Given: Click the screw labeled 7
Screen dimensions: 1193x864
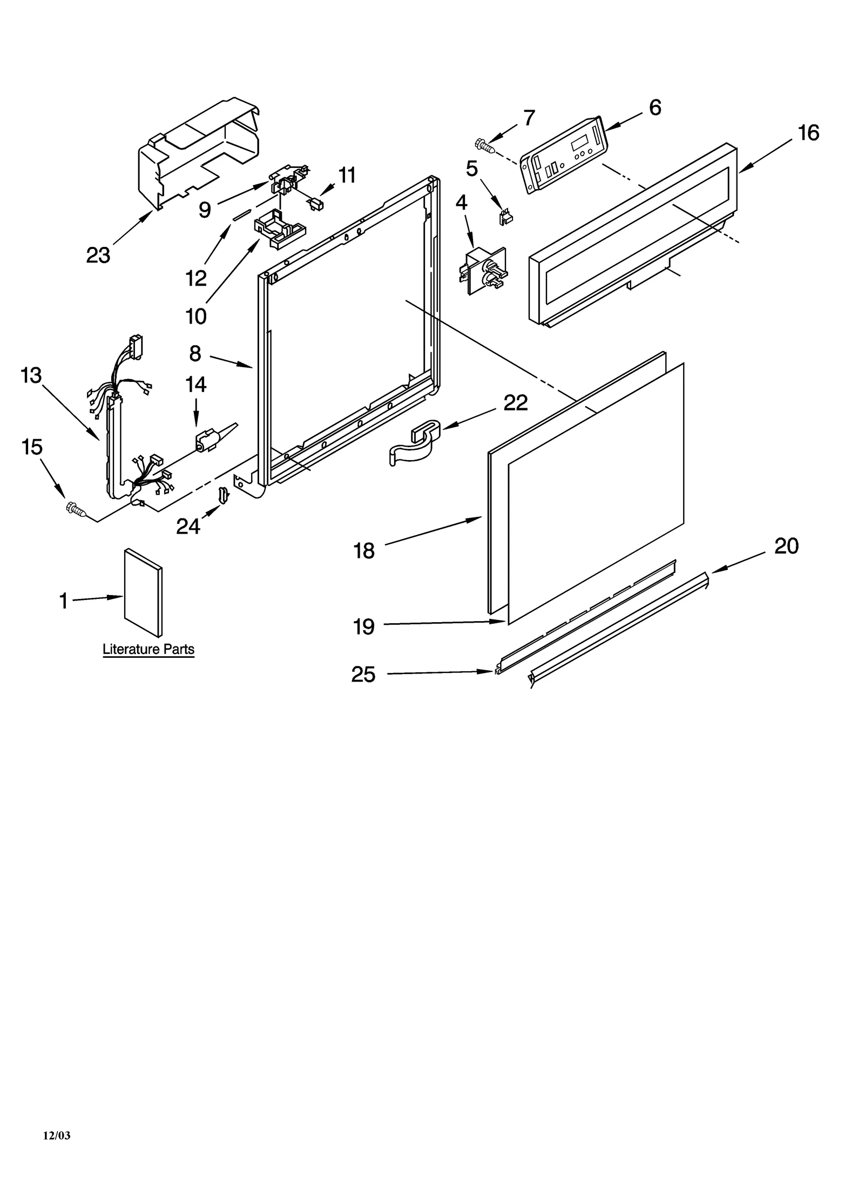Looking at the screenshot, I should [x=484, y=145].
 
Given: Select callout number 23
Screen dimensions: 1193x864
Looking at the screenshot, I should [x=98, y=255].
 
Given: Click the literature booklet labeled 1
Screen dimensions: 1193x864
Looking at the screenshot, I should [x=143, y=593].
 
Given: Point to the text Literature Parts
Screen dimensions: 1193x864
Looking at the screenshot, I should [x=148, y=649].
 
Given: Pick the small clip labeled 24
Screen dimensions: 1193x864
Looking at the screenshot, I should [x=222, y=493].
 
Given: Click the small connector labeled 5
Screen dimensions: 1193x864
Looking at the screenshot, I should [x=505, y=217].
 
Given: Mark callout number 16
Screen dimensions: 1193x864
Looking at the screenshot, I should [x=808, y=132].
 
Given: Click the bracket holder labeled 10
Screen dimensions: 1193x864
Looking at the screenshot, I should [x=275, y=230].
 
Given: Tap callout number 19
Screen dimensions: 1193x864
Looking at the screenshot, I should [x=363, y=627].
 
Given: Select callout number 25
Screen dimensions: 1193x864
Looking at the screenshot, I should [x=363, y=675].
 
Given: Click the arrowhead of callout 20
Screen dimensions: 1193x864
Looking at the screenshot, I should [x=714, y=571].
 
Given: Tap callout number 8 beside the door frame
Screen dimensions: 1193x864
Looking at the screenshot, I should [x=195, y=354].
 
